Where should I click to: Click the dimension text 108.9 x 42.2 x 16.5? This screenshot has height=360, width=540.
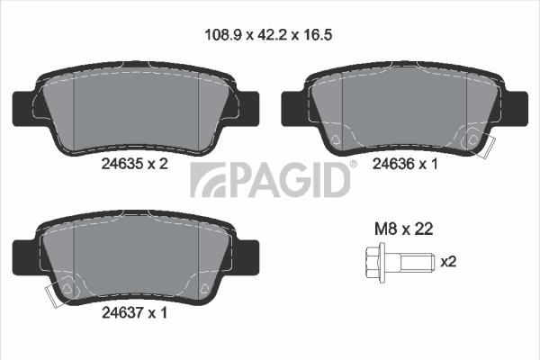tap(268, 35)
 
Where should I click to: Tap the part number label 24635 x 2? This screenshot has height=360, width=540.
tap(135, 164)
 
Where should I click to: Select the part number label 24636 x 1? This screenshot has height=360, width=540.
tap(405, 164)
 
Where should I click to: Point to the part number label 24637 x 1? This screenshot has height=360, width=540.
tap(134, 313)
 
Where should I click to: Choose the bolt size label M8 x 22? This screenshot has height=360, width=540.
tap(403, 229)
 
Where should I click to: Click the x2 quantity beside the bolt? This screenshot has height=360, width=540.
tap(449, 262)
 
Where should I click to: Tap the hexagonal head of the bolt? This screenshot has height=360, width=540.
tap(374, 263)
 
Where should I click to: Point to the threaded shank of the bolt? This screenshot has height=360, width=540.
tap(416, 263)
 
